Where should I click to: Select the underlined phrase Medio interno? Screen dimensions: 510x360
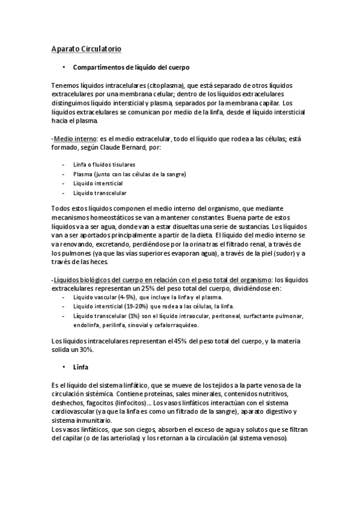72,138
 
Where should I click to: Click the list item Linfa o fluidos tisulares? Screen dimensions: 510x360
104,164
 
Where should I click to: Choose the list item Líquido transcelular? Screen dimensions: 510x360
99,192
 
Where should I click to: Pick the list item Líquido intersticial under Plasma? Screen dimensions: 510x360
98,183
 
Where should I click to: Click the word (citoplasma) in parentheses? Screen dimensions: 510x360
162,86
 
